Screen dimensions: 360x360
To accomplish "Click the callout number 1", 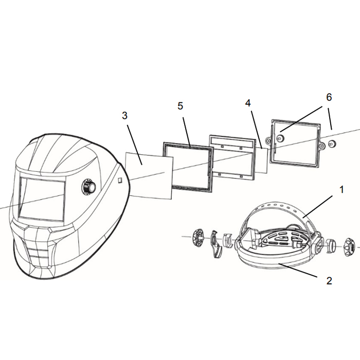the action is coord(341,190).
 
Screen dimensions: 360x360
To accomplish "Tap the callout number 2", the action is coord(329,281).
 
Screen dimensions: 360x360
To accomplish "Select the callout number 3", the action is coord(124,116).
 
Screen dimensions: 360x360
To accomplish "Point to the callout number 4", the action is coord(248,103).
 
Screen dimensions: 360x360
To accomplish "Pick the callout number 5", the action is coord(180,106).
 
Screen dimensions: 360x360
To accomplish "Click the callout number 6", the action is coord(329,97).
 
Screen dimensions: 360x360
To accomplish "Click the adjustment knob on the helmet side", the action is coord(89,186).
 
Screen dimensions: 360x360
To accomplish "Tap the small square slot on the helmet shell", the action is coord(120,180).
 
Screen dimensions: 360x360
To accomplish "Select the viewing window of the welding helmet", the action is coord(42,200).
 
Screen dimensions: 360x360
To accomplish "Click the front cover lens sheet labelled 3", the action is coord(149,176).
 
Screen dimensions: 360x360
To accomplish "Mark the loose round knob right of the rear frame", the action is coord(332,144).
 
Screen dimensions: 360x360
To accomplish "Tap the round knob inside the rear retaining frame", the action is coord(280,138).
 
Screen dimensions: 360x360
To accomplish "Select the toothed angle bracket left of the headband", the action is coord(216,244).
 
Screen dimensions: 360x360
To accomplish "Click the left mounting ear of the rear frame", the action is coord(268,140).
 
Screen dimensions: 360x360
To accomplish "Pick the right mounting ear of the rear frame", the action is coord(322,145).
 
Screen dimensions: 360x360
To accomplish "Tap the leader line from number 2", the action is coord(298,271).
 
